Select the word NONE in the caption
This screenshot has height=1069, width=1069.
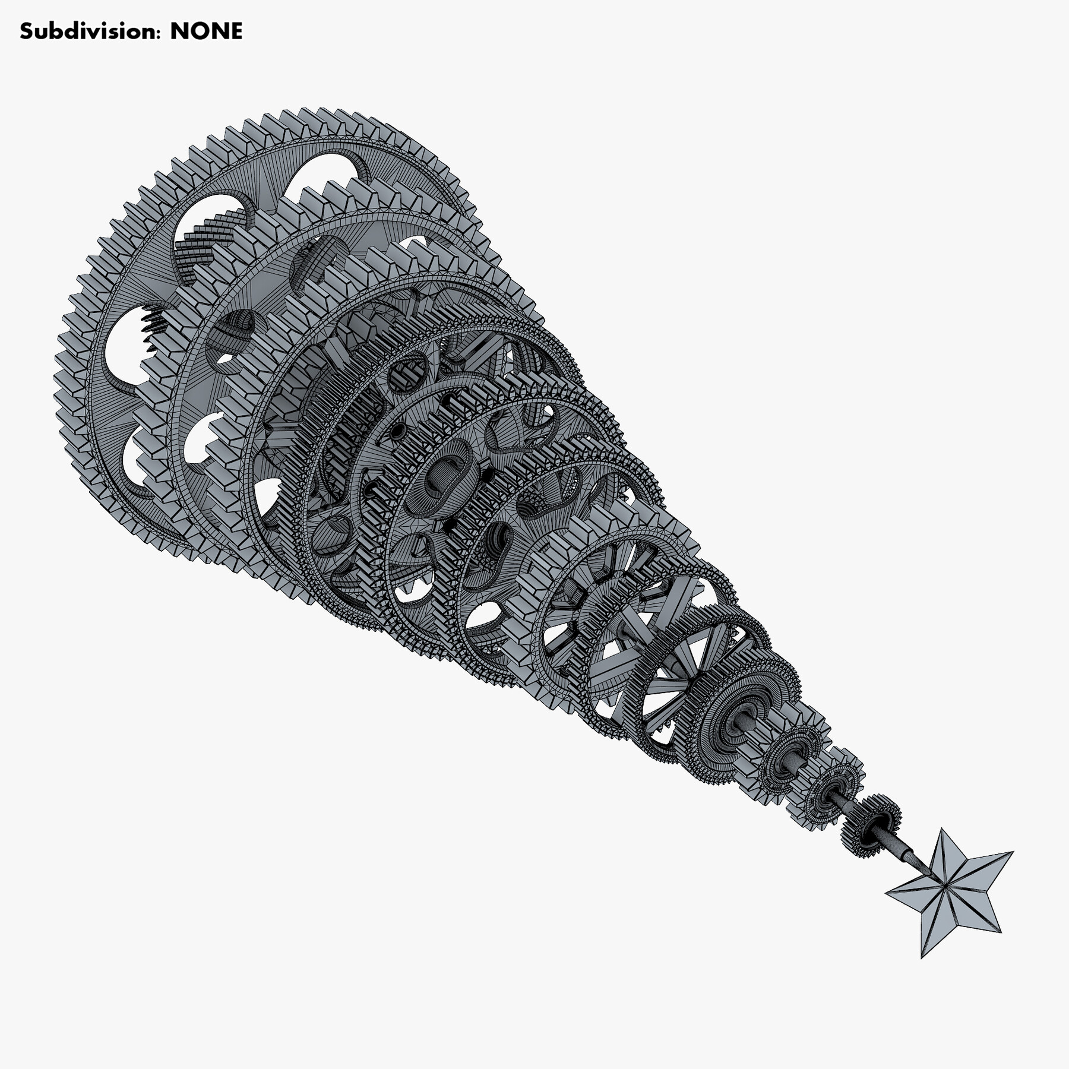point(206,31)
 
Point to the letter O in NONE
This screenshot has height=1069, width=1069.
point(197,31)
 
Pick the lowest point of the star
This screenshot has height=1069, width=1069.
point(922,975)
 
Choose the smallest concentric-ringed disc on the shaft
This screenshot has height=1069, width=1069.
point(831,790)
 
